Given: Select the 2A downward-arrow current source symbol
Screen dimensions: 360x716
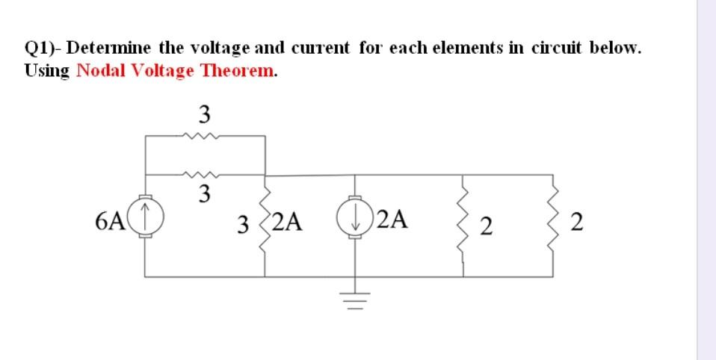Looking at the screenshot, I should point(355,220).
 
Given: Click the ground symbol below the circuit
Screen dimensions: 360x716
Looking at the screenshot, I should point(355,300).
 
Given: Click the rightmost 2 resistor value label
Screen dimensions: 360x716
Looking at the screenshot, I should point(574,223).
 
